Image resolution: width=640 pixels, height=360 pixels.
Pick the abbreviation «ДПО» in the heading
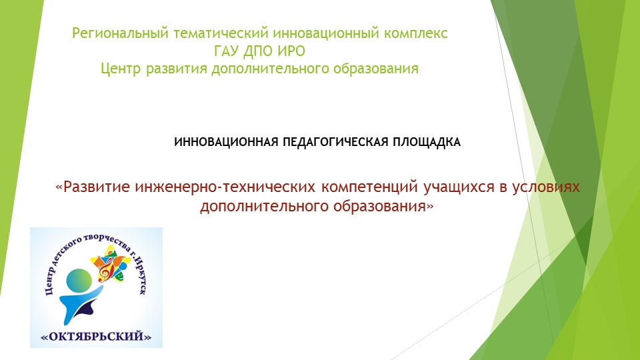click(x=260, y=51)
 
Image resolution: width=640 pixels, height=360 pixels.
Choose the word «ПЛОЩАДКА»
click(x=424, y=142)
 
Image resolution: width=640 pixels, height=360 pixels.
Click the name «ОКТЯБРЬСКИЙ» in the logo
click(x=97, y=337)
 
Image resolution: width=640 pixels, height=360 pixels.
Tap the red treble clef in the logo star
click(x=104, y=270)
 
